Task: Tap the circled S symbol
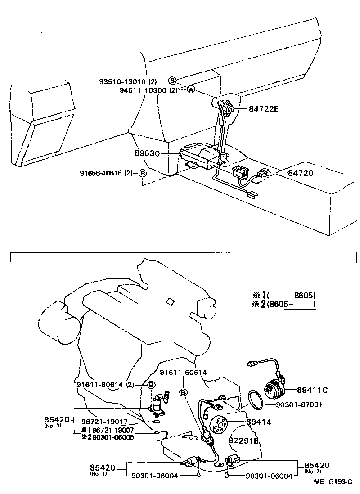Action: pos(172,81)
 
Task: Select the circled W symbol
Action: pos(190,90)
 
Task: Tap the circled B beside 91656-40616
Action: pos(142,173)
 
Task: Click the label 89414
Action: pos(259,422)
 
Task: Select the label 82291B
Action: pos(244,440)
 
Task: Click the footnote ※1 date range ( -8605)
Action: pos(291,296)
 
